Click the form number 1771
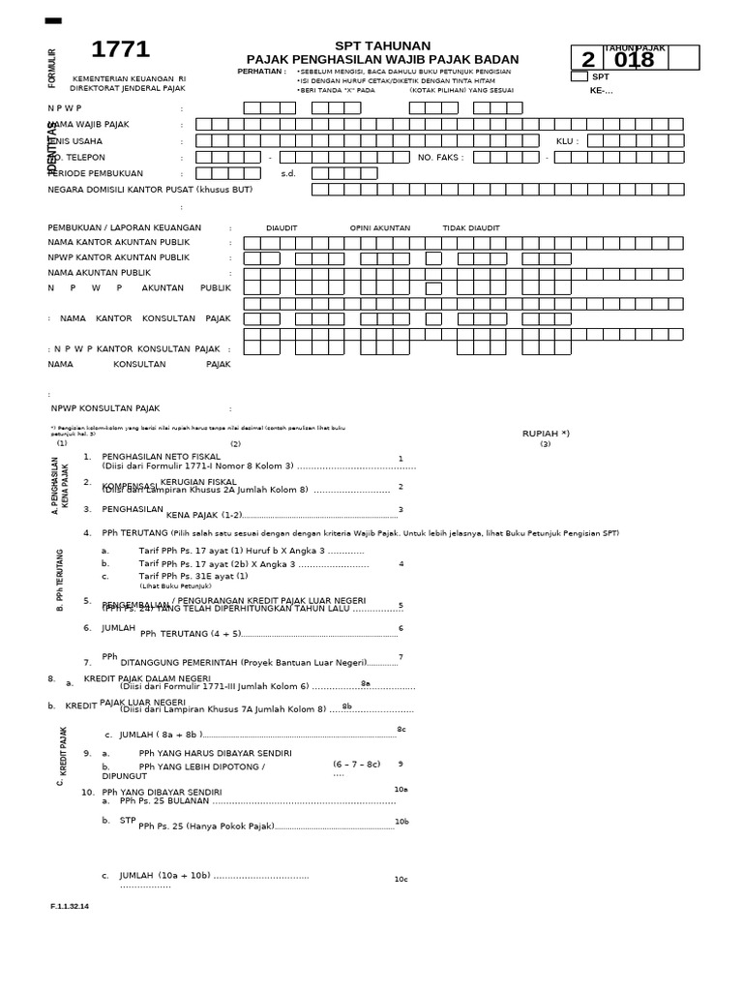(120, 50)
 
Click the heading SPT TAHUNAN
(382, 45)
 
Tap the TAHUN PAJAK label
(635, 47)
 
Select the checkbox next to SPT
(579, 76)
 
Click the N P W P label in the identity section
(65, 107)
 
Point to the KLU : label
(567, 140)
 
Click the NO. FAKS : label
(440, 157)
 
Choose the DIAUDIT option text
(282, 228)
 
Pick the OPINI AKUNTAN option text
(379, 228)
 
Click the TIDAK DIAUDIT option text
(471, 228)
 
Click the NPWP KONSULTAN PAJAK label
(105, 408)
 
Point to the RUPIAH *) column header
(546, 434)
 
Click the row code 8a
(366, 683)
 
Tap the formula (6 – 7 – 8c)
(356, 764)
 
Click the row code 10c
(401, 879)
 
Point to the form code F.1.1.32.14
(69, 906)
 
